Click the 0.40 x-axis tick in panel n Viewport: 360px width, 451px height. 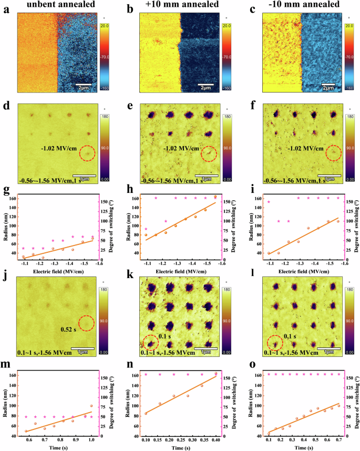click(215, 437)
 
